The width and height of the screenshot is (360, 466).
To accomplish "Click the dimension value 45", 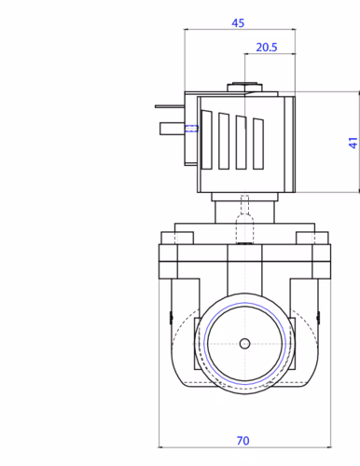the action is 238,23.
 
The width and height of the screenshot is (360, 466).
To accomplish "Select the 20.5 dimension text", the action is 267,48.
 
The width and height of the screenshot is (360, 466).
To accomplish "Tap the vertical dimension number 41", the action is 353,143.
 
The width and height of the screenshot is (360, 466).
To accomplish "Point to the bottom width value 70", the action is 242,441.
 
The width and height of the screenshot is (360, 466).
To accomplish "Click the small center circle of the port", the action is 244,344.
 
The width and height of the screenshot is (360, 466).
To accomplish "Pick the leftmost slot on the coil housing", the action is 207,140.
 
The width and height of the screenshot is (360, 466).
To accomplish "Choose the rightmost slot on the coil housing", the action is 258,144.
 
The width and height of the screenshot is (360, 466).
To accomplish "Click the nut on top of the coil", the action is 244,88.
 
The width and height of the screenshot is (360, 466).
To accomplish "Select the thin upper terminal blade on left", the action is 170,106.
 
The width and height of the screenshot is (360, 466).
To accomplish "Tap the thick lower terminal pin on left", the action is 173,129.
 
